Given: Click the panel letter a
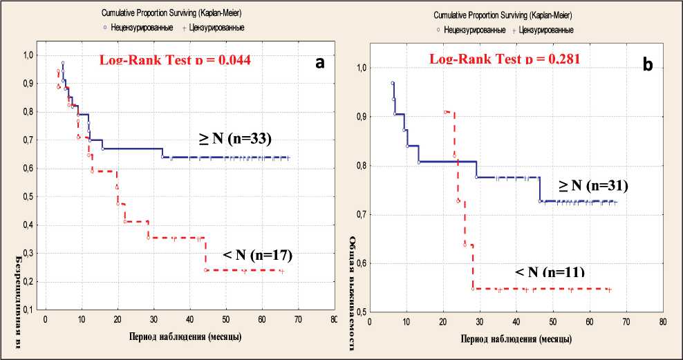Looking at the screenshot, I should [319, 62].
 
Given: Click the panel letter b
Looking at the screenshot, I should [647, 65].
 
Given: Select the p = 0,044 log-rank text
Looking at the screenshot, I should [176, 60].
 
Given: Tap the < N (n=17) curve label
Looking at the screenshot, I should [258, 256].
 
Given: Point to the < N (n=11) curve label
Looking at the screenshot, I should [550, 271].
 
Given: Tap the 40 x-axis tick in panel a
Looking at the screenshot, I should [189, 320].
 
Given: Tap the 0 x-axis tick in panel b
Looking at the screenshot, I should [370, 322].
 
